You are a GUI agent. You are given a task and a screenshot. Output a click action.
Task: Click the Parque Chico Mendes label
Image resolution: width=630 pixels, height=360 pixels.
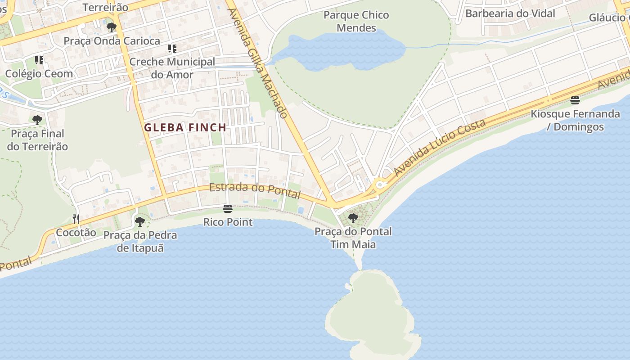tap(356, 22)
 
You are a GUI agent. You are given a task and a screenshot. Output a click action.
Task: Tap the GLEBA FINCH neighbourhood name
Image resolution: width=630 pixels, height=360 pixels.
tap(185, 127)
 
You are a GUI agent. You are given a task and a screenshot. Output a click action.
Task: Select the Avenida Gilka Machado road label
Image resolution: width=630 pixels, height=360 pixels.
tap(257, 63)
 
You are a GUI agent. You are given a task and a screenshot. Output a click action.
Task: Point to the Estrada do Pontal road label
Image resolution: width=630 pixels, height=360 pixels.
tap(255, 190)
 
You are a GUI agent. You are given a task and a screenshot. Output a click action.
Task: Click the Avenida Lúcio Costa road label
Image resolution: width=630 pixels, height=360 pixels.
tap(440, 148)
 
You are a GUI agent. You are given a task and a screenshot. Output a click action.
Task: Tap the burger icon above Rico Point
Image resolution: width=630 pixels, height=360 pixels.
tap(228, 209)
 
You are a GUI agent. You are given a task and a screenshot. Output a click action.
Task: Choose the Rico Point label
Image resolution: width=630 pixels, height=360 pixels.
tap(228, 222)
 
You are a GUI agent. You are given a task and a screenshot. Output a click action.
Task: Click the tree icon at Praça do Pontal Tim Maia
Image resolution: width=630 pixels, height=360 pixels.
tap(353, 218)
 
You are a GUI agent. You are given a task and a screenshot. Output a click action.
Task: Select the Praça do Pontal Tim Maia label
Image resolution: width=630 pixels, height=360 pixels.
tap(353, 238)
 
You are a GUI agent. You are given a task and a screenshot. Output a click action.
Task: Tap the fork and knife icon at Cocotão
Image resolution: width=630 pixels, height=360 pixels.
tap(76, 219)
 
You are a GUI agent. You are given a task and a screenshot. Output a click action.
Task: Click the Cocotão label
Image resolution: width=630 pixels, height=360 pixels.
tap(76, 233)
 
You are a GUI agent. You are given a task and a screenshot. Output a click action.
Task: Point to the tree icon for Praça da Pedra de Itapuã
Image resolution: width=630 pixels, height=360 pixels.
tap(140, 221)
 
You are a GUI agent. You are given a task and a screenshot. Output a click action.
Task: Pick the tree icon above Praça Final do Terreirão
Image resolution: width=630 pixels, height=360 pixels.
tap(37, 120)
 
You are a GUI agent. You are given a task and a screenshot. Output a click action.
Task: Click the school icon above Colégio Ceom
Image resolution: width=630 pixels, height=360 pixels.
tap(39, 60)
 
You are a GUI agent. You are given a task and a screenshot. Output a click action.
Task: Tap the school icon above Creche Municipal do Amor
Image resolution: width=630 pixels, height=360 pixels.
tap(172, 48)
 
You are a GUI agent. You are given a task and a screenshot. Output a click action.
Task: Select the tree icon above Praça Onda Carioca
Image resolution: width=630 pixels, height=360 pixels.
tap(111, 27)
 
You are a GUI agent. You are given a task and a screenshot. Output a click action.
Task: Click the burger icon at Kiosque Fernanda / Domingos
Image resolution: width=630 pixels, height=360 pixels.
tap(575, 100)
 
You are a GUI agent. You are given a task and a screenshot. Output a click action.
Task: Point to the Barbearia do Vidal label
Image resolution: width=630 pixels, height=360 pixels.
tap(510, 13)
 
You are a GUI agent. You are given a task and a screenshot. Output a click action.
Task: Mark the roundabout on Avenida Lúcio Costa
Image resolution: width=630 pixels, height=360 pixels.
tap(380, 184)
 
